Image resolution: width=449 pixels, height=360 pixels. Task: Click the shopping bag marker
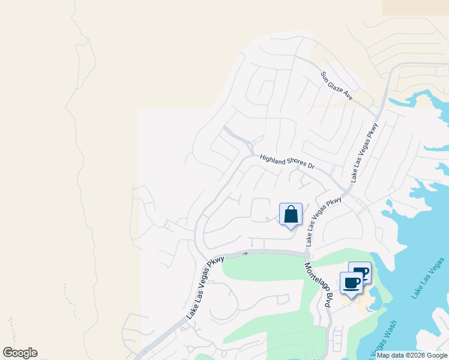291,215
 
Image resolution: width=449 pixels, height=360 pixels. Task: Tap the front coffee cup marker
351,283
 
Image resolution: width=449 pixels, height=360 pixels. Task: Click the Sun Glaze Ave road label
336,86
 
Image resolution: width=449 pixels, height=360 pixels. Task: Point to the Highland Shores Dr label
287,161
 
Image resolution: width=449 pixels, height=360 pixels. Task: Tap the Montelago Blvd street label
318,286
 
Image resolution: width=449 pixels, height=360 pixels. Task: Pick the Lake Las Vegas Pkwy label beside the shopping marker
324,221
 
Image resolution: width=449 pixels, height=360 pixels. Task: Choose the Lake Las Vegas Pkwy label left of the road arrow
205,287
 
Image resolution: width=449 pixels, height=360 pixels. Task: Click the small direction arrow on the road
246,253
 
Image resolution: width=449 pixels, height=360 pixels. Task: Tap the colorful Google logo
20,353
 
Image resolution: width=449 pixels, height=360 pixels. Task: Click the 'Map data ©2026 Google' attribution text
412,355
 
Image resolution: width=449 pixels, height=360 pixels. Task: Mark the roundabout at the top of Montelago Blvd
306,255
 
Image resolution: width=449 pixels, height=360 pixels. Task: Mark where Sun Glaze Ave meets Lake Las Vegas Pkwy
379,116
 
